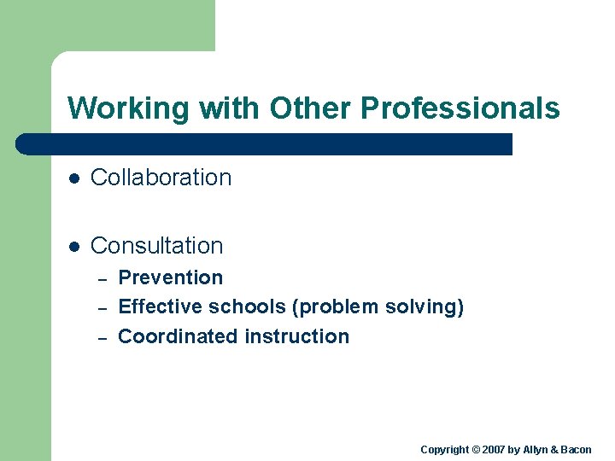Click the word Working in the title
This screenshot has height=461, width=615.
click(129, 108)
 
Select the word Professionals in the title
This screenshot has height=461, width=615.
click(460, 108)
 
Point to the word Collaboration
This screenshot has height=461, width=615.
click(161, 178)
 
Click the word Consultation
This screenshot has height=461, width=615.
click(156, 246)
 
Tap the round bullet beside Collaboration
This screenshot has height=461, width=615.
click(74, 178)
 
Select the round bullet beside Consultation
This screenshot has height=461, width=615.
click(74, 247)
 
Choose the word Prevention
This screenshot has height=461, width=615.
click(170, 277)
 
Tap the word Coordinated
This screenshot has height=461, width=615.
click(178, 336)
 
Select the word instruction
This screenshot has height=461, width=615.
click(296, 336)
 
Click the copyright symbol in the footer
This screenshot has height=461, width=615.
click(476, 450)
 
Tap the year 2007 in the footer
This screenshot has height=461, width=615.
click(494, 450)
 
